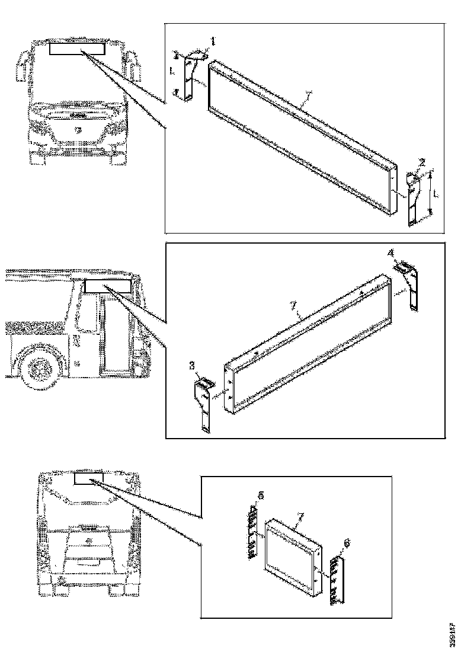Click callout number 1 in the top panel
point(214,41)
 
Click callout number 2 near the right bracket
point(422,162)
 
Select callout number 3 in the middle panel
point(191,367)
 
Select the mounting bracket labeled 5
point(251,532)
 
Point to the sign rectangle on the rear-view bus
point(88,478)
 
